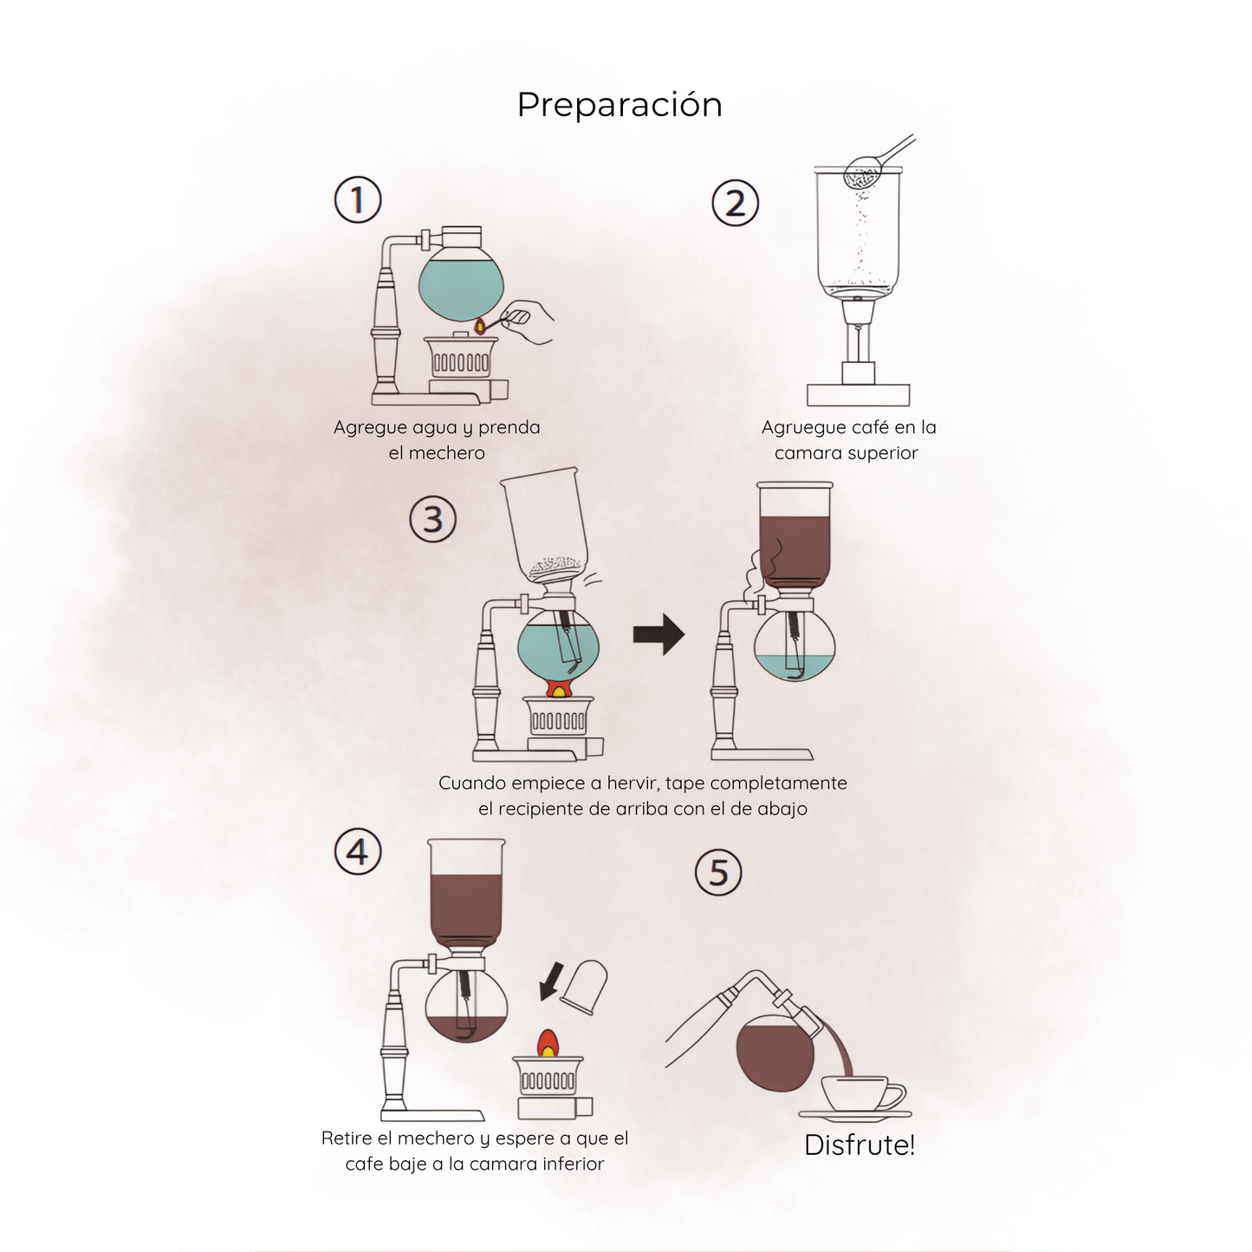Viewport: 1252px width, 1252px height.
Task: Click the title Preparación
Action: [620, 105]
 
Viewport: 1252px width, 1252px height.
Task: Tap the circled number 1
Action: [358, 200]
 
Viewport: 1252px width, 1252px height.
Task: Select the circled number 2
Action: [735, 204]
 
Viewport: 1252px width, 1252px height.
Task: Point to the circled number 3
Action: [432, 520]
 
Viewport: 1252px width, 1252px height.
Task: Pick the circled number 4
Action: [358, 853]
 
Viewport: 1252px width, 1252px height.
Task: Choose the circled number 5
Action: [718, 872]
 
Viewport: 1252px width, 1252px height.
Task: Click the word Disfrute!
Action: [859, 1145]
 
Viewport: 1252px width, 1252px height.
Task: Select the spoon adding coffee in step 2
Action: [875, 163]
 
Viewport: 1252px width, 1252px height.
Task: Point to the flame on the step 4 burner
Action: [548, 1043]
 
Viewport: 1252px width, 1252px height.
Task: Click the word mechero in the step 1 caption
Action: [446, 453]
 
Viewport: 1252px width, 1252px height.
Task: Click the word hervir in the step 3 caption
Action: [632, 783]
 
